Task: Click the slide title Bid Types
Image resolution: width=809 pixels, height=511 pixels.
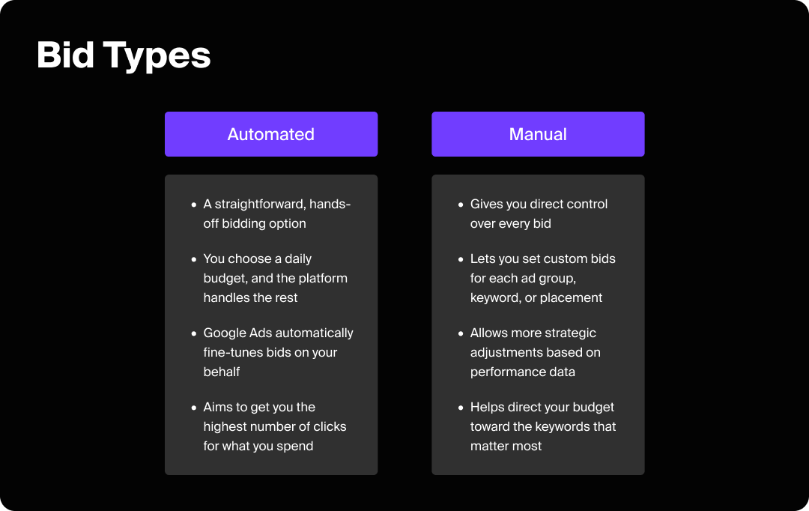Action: click(124, 55)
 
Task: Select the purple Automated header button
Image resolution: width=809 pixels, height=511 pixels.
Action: click(271, 134)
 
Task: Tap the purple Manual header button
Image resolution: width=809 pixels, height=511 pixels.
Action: click(538, 134)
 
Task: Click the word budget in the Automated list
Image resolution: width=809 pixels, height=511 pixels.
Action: click(224, 278)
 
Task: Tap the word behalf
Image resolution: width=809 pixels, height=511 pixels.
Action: click(222, 372)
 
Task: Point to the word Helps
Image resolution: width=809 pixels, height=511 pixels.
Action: click(487, 407)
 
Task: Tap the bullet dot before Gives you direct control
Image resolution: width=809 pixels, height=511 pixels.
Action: click(461, 205)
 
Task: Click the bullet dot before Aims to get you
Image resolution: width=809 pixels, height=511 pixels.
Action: click(195, 408)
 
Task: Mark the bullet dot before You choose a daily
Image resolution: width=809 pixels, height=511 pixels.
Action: click(195, 259)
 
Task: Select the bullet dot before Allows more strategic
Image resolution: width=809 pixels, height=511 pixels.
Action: click(461, 333)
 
